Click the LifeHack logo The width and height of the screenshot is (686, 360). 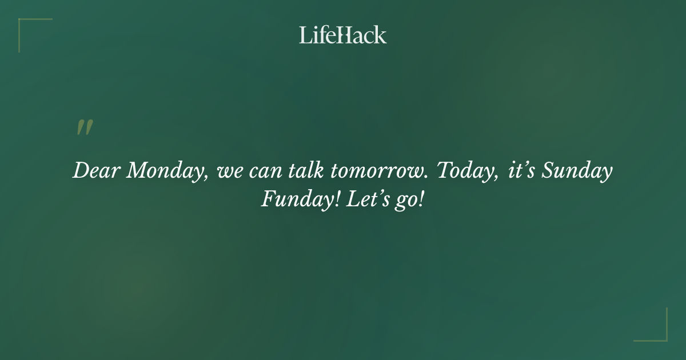click(343, 35)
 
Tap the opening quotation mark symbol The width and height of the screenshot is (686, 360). click(84, 128)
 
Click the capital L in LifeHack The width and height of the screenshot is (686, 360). click(305, 35)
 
